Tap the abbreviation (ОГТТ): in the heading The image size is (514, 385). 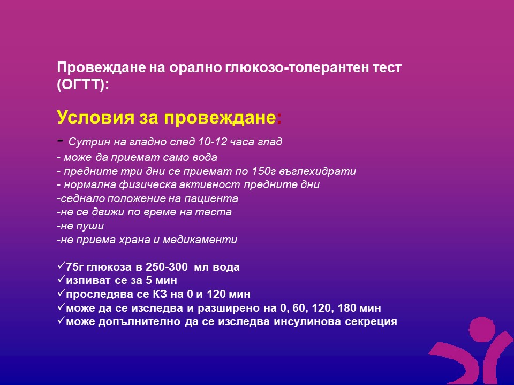pyautogui.click(x=83, y=85)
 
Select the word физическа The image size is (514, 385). pyautogui.click(x=149, y=185)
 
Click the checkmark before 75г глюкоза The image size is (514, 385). pyautogui.click(x=61, y=266)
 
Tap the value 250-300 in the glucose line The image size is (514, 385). pyautogui.click(x=167, y=267)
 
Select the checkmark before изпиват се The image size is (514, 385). pyautogui.click(x=61, y=279)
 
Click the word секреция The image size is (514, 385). pyautogui.click(x=371, y=322)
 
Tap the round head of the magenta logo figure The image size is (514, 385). pyautogui.click(x=482, y=329)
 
